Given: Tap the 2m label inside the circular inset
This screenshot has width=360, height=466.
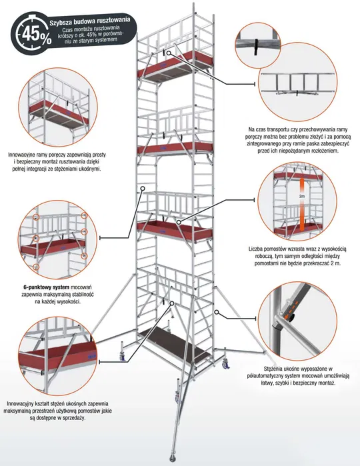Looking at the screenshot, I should pyautogui.click(x=301, y=198).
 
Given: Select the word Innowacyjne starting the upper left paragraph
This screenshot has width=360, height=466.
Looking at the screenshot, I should pyautogui.click(x=29, y=153).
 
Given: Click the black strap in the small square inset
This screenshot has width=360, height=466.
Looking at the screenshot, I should pyautogui.click(x=255, y=45).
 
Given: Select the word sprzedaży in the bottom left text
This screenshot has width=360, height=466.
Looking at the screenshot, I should pyautogui.click(x=69, y=419).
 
